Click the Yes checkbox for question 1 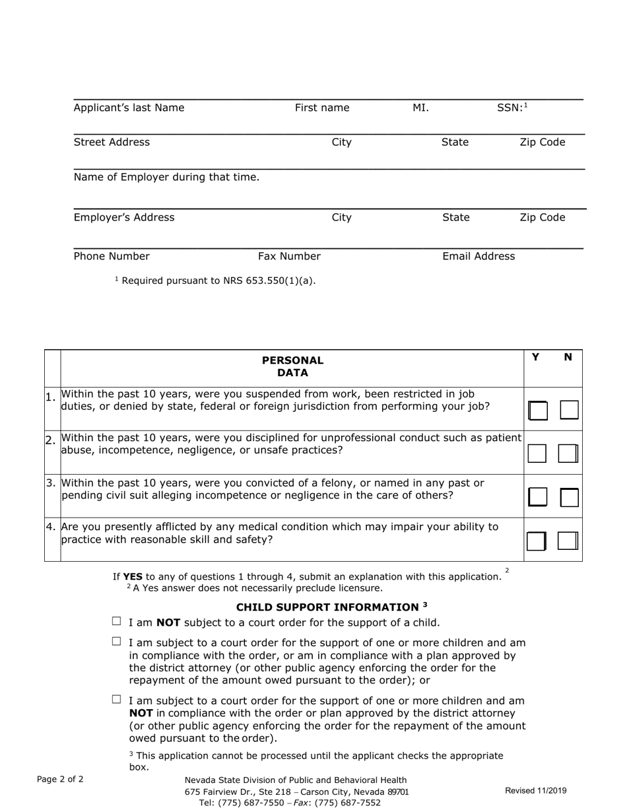point(539,410)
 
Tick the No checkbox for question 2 point(568,454)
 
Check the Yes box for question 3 point(539,497)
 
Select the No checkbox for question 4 point(568,541)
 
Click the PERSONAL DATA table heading point(292,366)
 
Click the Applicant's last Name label point(129,108)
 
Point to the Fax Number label point(289,256)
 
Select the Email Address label point(478,256)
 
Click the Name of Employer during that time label point(166,177)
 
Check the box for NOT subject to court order point(117,621)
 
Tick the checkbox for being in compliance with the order point(117,641)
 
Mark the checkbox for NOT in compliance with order point(117,699)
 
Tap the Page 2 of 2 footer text point(60,779)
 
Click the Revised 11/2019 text point(535,790)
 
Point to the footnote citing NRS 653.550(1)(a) point(215,281)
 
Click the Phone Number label point(112,256)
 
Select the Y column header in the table point(536,357)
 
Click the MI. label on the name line point(420,108)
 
